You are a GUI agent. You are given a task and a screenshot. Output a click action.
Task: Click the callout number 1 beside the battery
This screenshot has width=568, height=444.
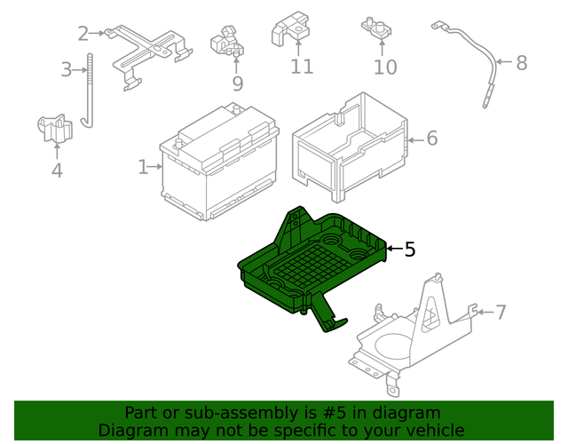pos(143,166)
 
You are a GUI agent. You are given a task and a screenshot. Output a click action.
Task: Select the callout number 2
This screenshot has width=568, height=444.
pos(83,34)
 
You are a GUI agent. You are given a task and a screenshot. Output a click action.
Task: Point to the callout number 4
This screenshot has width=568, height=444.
pos(57,170)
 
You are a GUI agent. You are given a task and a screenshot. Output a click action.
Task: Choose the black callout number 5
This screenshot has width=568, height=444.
pos(409,250)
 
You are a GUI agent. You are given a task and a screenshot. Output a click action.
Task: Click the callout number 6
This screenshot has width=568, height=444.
pos(432,139)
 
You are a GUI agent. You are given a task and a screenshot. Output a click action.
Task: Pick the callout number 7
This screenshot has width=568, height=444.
pos(501,312)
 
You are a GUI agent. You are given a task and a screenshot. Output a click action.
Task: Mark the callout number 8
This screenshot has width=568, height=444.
pos(521,62)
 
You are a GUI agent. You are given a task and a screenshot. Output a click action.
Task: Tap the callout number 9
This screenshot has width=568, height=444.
pos(238,83)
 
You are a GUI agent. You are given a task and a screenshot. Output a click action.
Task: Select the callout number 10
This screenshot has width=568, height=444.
pos(385,67)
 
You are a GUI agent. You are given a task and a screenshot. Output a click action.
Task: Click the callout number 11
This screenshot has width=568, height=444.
pos(302,67)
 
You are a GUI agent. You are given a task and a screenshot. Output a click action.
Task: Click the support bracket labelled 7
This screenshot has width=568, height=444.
pos(417,333)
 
